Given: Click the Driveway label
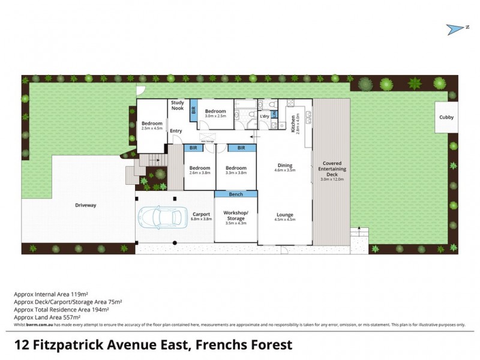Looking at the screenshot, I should click(x=85, y=205).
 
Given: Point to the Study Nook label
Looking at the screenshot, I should click(x=177, y=106).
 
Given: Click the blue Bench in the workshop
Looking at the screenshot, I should click(x=236, y=195).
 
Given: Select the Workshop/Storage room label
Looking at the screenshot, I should click(x=236, y=215).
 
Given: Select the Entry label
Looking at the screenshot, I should click(x=176, y=131).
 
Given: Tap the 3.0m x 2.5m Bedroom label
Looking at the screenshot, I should click(x=215, y=113).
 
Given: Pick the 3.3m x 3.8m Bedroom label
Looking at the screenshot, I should click(x=236, y=170).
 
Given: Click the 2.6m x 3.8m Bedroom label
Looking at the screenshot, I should click(x=200, y=170).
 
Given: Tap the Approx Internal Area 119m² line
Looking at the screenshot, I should click(x=51, y=294).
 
